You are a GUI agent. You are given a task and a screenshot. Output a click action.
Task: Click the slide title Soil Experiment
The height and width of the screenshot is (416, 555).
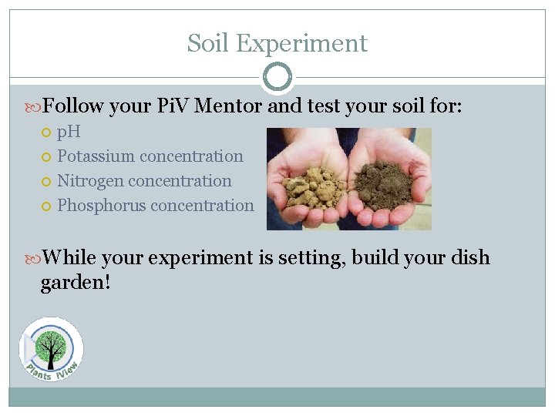277,43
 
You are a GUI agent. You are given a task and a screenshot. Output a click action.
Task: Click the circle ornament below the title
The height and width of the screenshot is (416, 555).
277,78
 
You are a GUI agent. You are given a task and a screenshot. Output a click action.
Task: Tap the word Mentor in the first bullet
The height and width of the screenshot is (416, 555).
228,106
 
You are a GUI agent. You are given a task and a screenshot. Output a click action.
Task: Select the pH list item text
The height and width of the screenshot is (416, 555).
69,132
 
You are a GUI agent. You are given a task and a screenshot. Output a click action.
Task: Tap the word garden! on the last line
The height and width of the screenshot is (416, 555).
76,282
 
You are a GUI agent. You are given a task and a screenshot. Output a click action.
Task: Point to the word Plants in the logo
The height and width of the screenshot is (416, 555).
38,371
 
